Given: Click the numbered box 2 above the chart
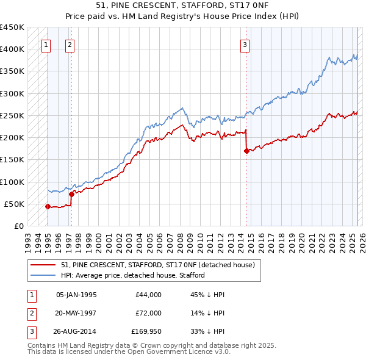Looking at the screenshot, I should point(70,44).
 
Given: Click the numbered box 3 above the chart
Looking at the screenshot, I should point(245,44).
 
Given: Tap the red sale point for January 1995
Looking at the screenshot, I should point(48,206).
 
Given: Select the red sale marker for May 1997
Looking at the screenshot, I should point(71,194).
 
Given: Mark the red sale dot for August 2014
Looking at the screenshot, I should point(246,151).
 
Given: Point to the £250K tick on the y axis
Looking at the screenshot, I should point(13,115).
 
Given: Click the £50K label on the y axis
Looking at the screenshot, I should point(15,204).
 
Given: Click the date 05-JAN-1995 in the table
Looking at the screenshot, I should point(76,295).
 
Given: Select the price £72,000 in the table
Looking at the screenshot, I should point(149,314).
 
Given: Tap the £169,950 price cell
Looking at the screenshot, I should point(146,333).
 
